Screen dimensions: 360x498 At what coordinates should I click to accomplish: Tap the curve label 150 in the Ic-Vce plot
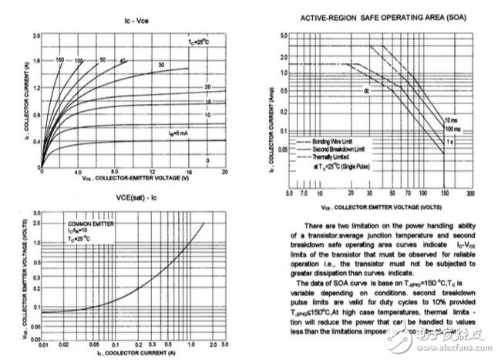pyautogui.click(x=59, y=60)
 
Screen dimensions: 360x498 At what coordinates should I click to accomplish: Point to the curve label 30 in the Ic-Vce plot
pyautogui.click(x=160, y=65)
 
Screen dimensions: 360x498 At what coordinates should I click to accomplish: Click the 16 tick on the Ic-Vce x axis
pyautogui.click(x=189, y=171)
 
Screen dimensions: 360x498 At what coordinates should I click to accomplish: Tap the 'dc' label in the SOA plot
pyautogui.click(x=368, y=90)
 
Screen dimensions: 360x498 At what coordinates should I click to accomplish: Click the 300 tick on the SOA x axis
pyautogui.click(x=469, y=193)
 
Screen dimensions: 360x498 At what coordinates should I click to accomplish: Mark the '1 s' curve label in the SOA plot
pyautogui.click(x=450, y=141)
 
